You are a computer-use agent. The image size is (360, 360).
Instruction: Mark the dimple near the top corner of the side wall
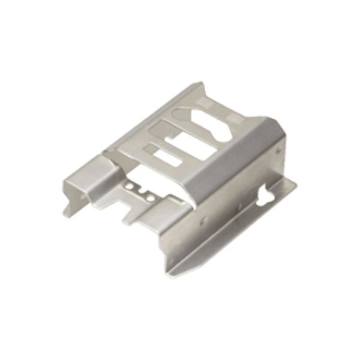point(277,151)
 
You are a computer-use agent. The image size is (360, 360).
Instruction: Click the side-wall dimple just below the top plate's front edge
point(203,221)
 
